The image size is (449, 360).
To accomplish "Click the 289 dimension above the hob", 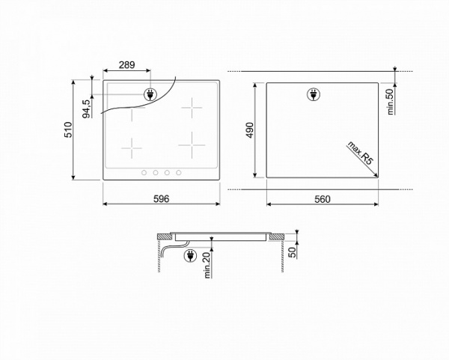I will [126, 66].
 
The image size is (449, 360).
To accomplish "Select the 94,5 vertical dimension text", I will [87, 109].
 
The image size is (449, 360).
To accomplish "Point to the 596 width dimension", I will [162, 198].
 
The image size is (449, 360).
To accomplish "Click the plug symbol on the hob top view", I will [150, 95].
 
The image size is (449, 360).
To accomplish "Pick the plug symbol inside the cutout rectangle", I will [313, 94].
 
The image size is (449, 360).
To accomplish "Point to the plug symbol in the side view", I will [190, 256].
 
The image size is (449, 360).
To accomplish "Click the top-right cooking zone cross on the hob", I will [193, 109].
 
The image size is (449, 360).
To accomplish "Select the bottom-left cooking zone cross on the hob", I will [132, 147].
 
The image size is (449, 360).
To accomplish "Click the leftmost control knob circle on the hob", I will [144, 173].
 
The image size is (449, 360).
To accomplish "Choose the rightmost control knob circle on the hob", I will [179, 173].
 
